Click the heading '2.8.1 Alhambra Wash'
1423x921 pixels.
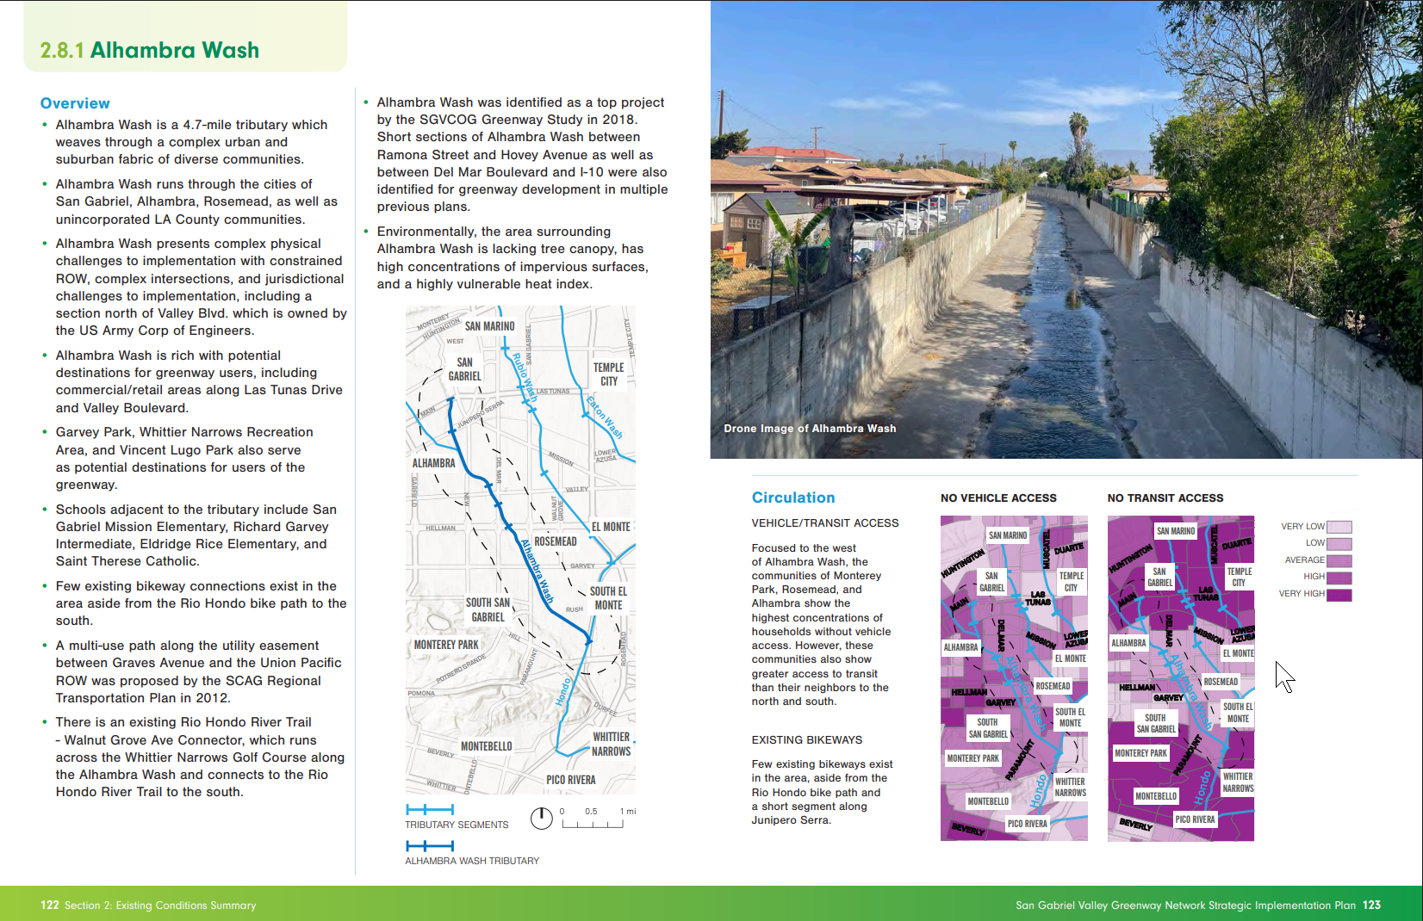pos(149,50)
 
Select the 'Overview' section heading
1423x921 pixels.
pos(75,103)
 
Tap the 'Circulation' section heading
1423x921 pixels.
pos(792,498)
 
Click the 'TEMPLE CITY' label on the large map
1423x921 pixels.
pos(608,374)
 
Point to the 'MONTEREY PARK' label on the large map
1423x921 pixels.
pos(446,645)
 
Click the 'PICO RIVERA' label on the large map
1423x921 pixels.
pos(570,780)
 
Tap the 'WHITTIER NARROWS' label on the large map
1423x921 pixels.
pos(611,745)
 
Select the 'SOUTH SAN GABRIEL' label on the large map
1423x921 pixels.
pos(488,610)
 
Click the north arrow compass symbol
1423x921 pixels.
pos(541,819)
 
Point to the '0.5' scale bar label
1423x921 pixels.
pos(591,812)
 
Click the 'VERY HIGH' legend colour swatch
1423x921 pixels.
pos(1339,595)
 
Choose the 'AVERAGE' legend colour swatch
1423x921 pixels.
pos(1339,560)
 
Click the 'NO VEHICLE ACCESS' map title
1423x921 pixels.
pos(998,498)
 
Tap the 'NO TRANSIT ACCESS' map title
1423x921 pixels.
pos(1165,498)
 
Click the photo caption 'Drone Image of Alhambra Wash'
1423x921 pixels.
pos(810,429)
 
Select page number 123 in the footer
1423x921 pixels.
pos(1371,906)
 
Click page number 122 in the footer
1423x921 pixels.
pos(50,906)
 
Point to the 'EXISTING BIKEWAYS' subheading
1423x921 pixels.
pos(806,740)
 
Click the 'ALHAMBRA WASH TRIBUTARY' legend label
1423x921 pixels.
pos(472,861)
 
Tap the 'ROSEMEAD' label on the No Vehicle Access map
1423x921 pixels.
pos(1053,686)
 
